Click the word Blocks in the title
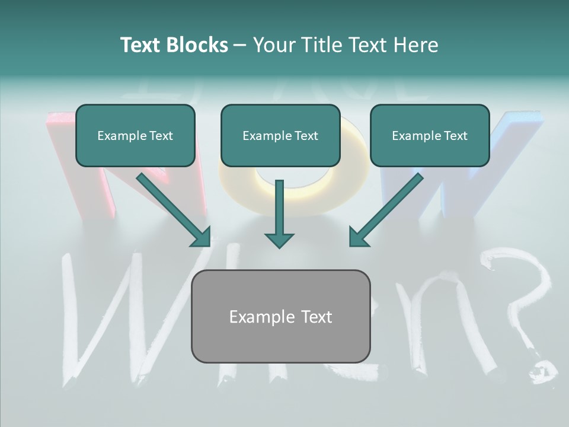coord(198,45)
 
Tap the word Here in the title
coord(417,45)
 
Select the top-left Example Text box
coord(135,135)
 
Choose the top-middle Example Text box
coord(280,135)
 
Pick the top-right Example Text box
coord(430,135)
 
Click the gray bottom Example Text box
coord(280,316)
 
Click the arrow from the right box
coord(386,210)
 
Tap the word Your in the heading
coord(273,45)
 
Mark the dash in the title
coord(240,46)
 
